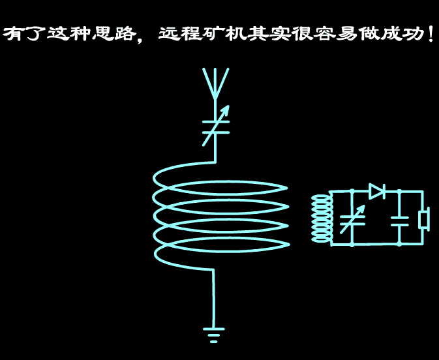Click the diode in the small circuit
[378, 191]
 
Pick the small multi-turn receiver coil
[321, 218]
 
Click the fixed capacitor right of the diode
[400, 219]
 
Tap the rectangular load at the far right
[424, 219]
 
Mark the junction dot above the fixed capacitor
[400, 192]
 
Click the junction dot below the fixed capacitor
[400, 245]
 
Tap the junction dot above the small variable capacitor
[352, 192]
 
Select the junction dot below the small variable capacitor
[352, 245]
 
